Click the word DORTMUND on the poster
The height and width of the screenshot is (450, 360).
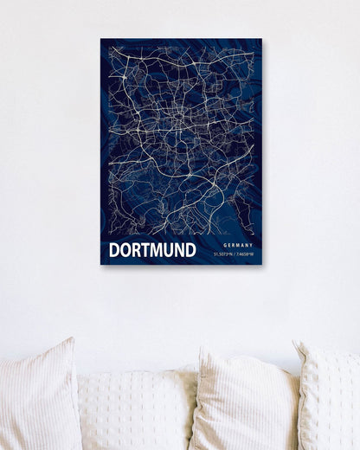152,250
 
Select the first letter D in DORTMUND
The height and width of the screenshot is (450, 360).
114,250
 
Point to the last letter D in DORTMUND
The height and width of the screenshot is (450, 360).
190,250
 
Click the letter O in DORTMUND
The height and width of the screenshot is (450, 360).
125,250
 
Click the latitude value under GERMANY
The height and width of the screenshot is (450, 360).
228,254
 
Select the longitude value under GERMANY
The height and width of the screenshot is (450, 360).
245,254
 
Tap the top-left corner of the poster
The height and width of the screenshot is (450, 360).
101,39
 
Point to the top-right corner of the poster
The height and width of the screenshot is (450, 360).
261,39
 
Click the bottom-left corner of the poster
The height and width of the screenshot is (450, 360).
101,263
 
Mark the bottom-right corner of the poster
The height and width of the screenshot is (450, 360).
261,263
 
